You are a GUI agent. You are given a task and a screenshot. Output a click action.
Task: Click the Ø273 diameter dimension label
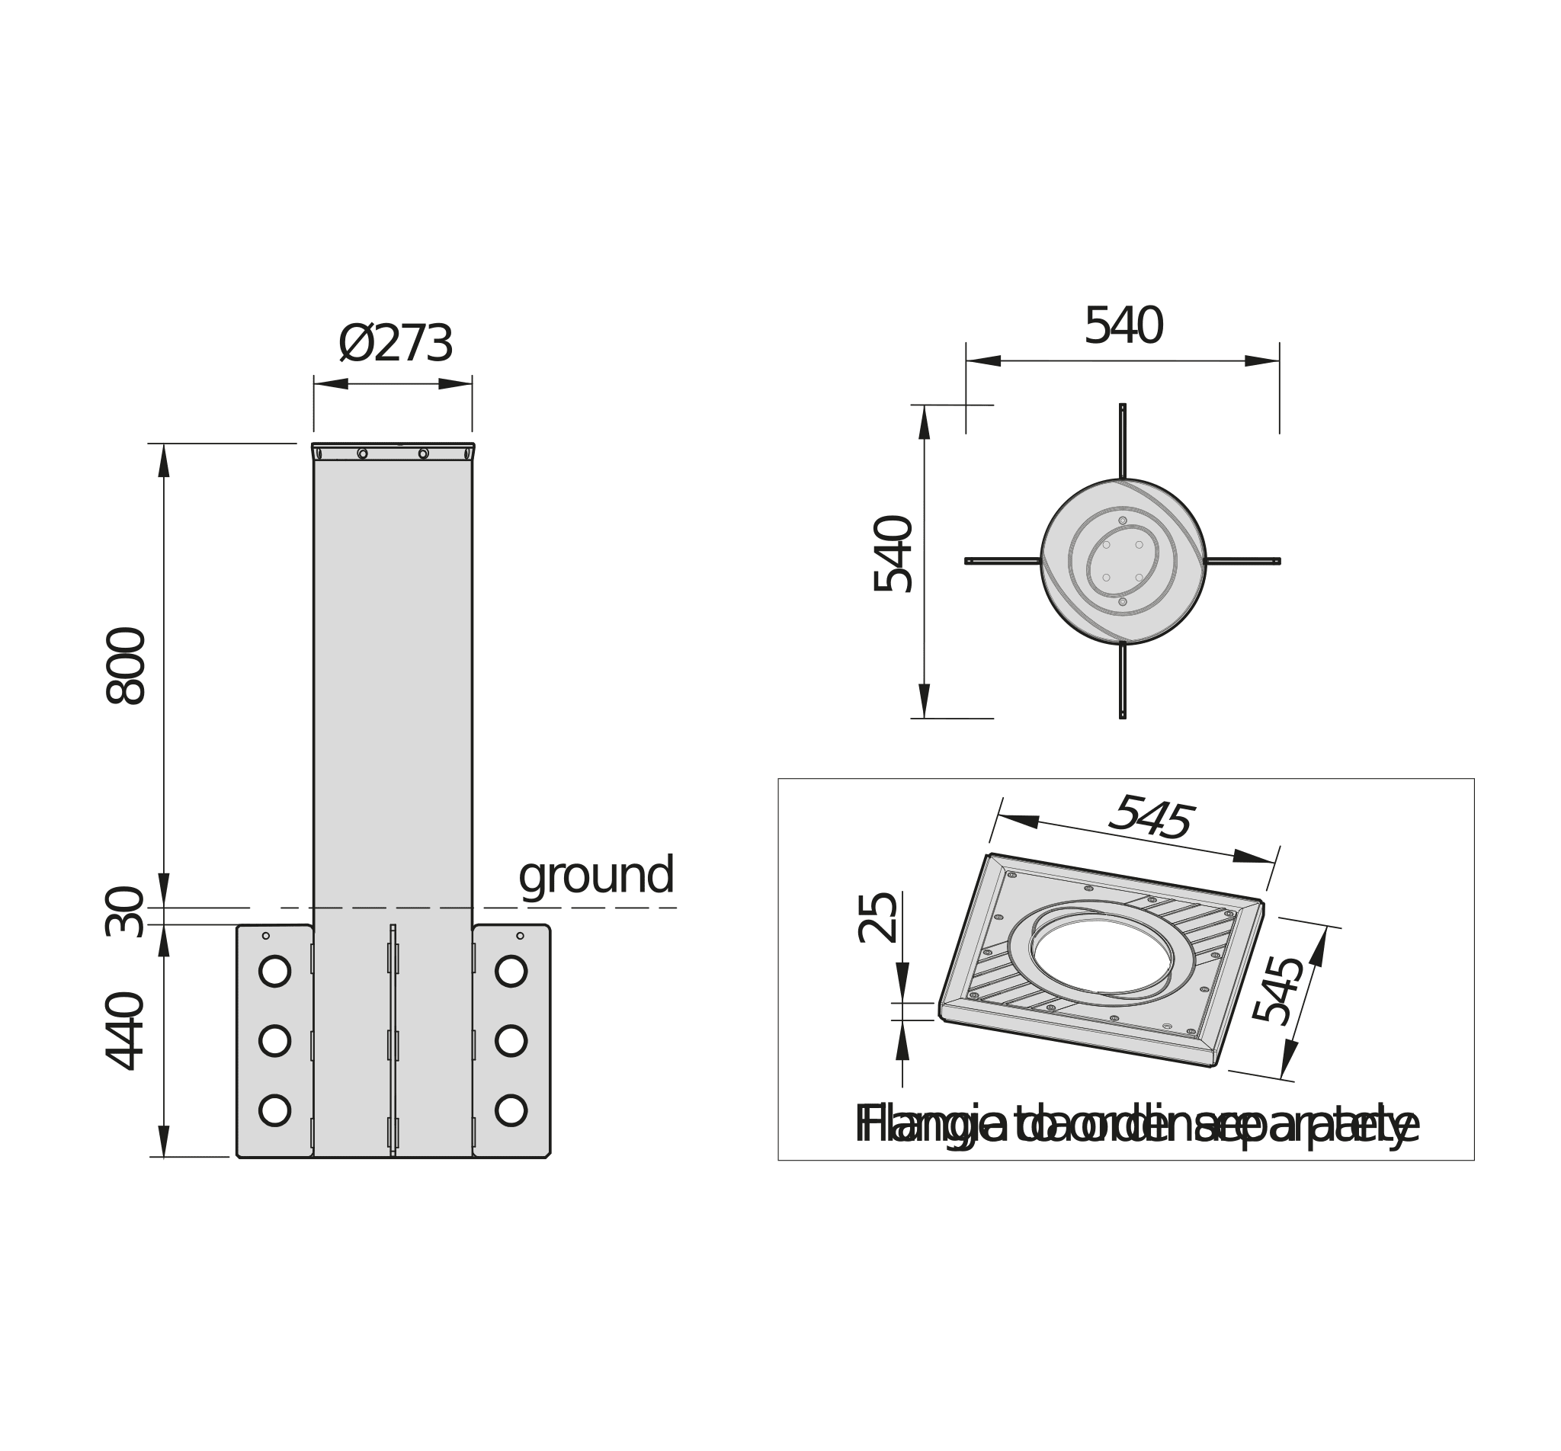tap(396, 344)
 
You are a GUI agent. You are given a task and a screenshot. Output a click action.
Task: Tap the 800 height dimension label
tap(126, 666)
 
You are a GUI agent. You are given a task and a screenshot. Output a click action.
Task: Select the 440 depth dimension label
tap(126, 1031)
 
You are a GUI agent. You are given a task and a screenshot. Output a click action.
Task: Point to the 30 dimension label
tap(126, 911)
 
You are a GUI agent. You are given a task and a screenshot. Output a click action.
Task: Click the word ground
tap(596, 876)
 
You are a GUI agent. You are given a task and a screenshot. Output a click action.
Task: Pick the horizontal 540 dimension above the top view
tap(1123, 326)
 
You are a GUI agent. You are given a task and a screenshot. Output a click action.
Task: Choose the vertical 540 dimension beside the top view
tap(893, 553)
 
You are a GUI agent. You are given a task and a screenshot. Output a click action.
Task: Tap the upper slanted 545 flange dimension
tap(1150, 818)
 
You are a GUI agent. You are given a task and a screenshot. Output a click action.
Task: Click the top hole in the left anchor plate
tap(275, 971)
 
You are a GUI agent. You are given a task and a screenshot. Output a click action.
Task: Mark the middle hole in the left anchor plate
tap(275, 1040)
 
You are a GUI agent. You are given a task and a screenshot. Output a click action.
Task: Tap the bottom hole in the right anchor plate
tap(511, 1110)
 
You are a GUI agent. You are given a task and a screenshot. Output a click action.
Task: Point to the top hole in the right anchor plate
tap(511, 971)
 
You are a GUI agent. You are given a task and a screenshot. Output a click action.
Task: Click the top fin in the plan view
tap(1123, 440)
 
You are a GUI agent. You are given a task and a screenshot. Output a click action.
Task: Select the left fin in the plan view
tap(1003, 562)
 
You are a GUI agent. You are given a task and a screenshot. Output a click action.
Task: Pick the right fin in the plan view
tap(1243, 562)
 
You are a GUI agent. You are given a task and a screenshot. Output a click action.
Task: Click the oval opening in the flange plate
tap(1102, 955)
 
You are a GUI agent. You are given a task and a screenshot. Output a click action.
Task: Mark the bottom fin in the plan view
tap(1123, 681)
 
